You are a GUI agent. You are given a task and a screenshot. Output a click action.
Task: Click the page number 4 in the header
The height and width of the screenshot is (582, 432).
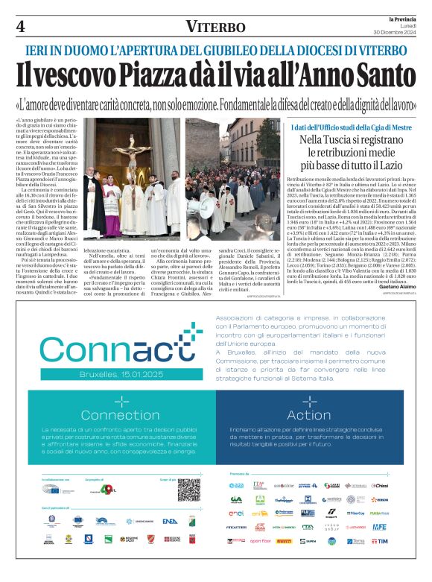(x=21, y=26)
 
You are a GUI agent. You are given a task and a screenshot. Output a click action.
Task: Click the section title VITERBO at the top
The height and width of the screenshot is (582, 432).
(x=215, y=27)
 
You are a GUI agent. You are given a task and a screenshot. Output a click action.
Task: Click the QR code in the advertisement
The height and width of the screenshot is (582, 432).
(x=189, y=490)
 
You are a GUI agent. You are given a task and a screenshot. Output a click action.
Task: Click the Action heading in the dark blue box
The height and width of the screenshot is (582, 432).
(x=308, y=414)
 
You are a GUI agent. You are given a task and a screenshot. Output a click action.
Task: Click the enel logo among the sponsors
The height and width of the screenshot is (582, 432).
(x=237, y=513)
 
